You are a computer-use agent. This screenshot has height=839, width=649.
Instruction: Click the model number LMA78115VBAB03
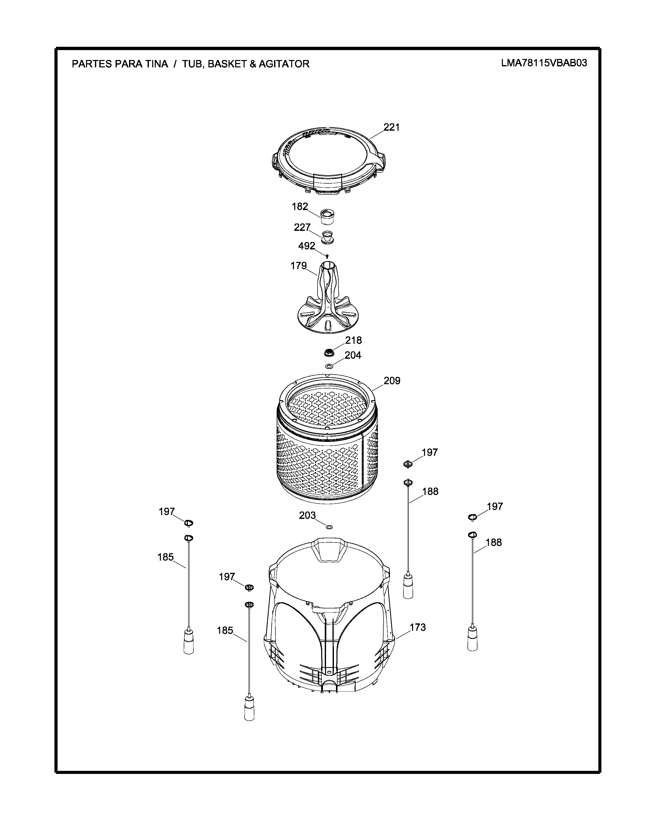click(x=544, y=63)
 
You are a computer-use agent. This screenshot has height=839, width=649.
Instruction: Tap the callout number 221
click(x=392, y=127)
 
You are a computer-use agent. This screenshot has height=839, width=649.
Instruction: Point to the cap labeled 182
click(x=328, y=217)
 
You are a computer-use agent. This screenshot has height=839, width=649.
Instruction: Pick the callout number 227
click(x=302, y=228)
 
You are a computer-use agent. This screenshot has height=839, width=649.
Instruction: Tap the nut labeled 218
click(x=329, y=351)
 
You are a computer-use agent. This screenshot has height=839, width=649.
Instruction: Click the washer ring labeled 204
click(x=329, y=366)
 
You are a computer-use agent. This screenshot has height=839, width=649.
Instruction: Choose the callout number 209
click(x=392, y=381)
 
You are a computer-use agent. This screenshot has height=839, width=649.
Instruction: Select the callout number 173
click(x=418, y=627)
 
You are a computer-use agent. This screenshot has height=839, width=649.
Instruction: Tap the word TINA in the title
click(x=156, y=64)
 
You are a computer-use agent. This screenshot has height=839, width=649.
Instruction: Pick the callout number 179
click(x=299, y=266)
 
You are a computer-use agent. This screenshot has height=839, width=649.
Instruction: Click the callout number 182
click(x=300, y=207)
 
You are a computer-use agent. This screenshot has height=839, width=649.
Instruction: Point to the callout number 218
click(x=353, y=340)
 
